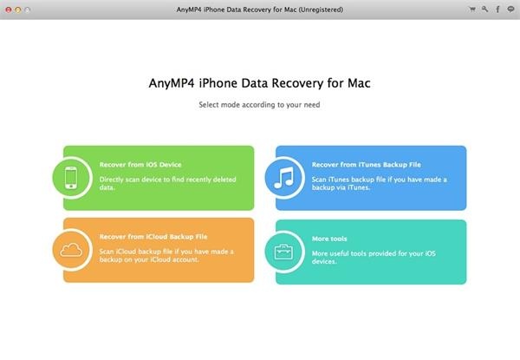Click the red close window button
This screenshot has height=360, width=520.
click(9, 10)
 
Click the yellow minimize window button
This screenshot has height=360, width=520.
click(18, 10)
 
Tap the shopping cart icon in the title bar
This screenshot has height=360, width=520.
click(472, 10)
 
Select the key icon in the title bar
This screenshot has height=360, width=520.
click(484, 10)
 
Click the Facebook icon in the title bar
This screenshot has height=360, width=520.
click(497, 10)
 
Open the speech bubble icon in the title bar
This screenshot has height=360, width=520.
click(510, 10)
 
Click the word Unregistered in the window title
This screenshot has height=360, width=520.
click(321, 10)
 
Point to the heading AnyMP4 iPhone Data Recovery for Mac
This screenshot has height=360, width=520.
click(259, 83)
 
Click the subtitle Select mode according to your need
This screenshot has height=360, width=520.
click(259, 105)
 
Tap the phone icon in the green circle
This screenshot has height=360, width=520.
click(71, 178)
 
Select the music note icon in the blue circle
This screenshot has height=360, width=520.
click(284, 178)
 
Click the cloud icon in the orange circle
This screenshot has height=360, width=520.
click(71, 250)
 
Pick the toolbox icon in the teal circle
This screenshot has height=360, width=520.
click(283, 252)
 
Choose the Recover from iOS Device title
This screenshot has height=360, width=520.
click(140, 165)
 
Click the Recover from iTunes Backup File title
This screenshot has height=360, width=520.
click(366, 165)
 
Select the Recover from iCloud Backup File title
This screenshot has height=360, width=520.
click(153, 237)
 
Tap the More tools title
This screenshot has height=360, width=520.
click(329, 239)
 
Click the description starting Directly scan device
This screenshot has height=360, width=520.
click(167, 183)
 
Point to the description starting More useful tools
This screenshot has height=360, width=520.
click(374, 257)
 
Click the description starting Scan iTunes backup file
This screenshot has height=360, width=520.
click(379, 183)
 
